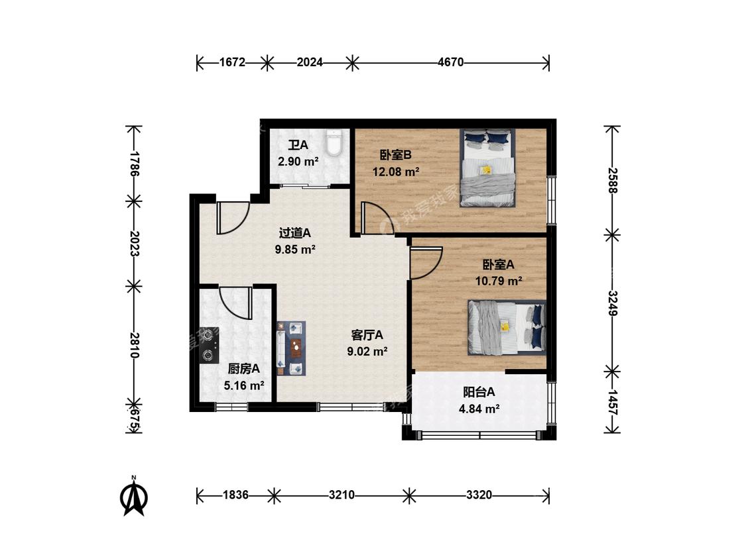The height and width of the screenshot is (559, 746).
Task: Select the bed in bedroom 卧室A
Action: point(507,327)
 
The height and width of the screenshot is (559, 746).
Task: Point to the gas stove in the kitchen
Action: point(209,344)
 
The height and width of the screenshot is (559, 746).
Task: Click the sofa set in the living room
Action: point(291,348)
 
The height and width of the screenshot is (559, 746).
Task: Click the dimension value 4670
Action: point(450,62)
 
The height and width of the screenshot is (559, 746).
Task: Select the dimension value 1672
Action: point(232,62)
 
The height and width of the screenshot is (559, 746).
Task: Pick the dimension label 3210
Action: point(342,495)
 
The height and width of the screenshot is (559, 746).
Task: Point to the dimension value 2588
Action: point(612,181)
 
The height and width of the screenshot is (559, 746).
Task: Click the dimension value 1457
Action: point(612,403)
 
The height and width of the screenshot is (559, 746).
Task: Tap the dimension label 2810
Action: point(134,345)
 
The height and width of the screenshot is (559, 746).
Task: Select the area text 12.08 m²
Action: point(396,172)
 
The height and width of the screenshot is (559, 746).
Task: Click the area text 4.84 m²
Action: point(479,409)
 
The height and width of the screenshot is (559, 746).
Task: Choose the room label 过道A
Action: point(295,233)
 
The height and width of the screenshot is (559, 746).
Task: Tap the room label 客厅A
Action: point(367,335)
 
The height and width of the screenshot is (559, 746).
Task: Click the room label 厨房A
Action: point(243,369)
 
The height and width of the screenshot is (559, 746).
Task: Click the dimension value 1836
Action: point(235,495)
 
